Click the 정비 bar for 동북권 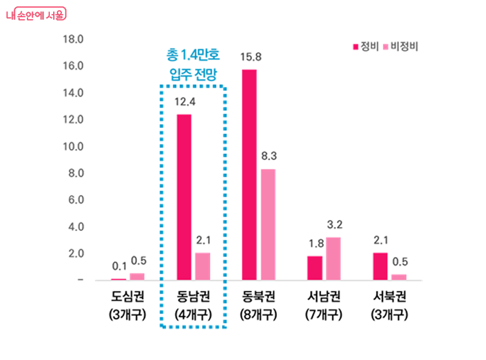249,175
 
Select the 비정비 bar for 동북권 268,224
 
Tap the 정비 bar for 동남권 184,197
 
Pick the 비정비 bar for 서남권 333,258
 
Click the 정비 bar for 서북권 380,266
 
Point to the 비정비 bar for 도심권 137,276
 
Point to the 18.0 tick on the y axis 74,39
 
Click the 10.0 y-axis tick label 74,146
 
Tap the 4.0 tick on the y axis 75,226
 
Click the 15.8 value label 249,58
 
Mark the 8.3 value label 268,156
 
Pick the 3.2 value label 334,224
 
